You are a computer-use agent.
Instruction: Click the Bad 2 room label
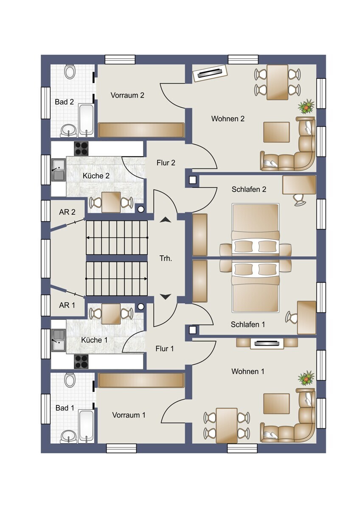[65, 102]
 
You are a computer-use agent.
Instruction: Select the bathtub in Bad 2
[86, 120]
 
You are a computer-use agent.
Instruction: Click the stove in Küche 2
[81, 148]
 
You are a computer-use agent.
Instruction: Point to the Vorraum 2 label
[127, 95]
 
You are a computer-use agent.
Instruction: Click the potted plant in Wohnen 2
[307, 106]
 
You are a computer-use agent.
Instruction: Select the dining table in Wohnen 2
[277, 82]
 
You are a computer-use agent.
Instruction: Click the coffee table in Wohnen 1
[276, 403]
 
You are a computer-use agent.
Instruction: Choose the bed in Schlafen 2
[256, 229]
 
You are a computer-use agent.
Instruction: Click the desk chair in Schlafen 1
[292, 316]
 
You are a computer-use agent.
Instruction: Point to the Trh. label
[166, 259]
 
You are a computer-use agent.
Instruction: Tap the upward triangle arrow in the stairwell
[166, 220]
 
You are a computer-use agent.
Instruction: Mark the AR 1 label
[67, 305]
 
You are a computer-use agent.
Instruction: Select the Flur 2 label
[166, 163]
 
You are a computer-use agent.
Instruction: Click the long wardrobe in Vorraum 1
[141, 380]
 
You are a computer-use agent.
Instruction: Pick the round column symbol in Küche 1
[141, 307]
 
